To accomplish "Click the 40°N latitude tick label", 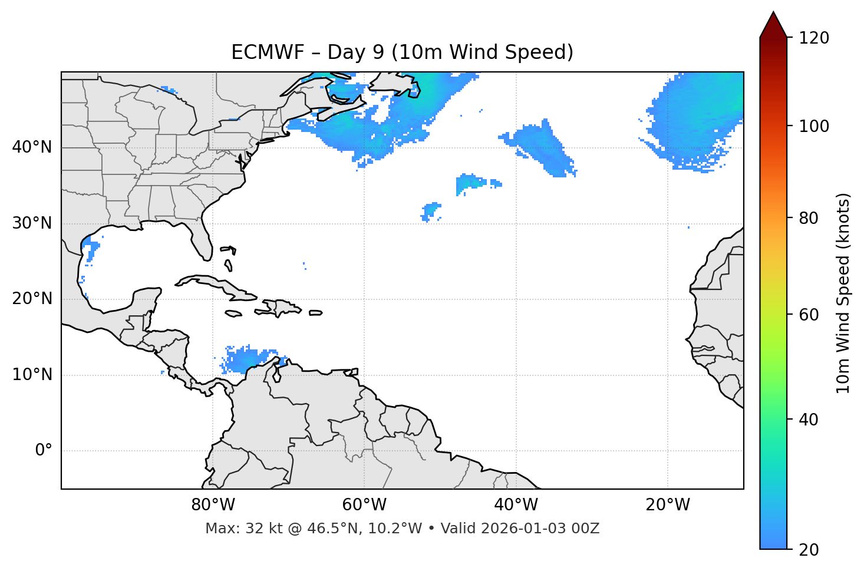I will coord(32,147).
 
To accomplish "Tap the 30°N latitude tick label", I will coord(32,223).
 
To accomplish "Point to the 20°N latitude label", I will coord(32,299).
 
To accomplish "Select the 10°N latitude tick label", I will coord(32,375).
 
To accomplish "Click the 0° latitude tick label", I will coord(44,451).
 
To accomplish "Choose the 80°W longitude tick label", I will coord(213,505).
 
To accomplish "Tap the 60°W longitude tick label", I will coord(364,505).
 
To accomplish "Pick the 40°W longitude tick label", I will coord(516,505).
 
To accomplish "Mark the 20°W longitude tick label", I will coord(667,505).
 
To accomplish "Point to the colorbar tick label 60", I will coord(810,315).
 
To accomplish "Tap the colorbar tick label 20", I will coord(810,550).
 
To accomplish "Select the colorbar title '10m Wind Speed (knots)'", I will coord(843,293).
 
